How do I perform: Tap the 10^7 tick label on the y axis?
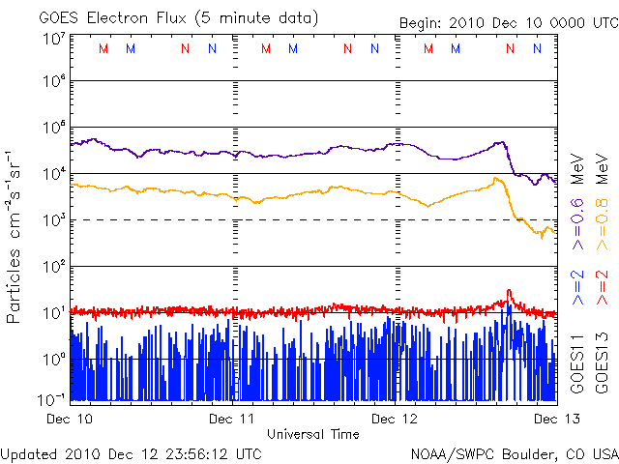point(54,39)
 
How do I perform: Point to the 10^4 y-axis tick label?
point(54,174)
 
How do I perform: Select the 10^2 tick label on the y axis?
point(54,266)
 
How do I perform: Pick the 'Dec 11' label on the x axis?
point(233,419)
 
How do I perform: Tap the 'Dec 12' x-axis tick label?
point(395,419)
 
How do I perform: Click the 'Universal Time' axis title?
point(313,434)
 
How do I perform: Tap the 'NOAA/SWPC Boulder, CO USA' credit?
point(514,452)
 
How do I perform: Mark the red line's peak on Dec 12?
point(509,291)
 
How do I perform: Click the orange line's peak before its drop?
point(496,179)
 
